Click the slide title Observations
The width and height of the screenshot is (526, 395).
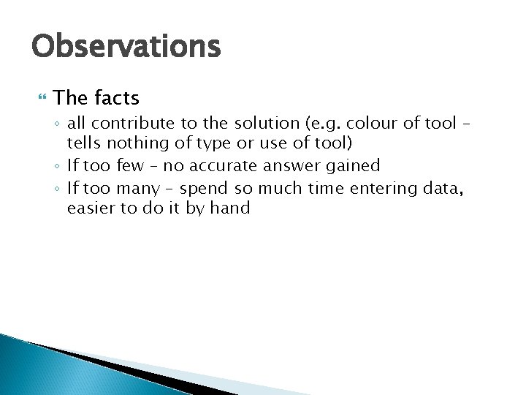pos(126,46)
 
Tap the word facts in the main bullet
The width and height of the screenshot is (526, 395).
pos(117,97)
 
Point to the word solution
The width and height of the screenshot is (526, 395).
pos(267,123)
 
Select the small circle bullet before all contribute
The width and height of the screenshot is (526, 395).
pos(58,124)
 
